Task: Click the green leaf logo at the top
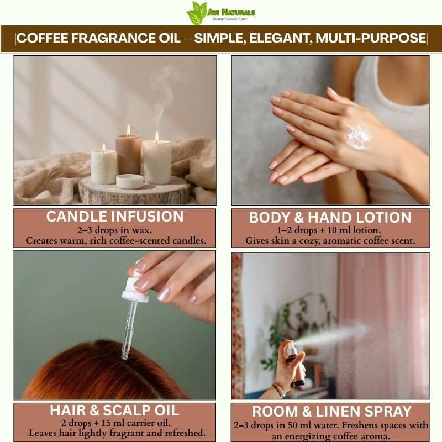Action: pyautogui.click(x=197, y=13)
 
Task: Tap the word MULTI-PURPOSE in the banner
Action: pyautogui.click(x=371, y=38)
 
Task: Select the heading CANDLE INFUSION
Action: pyautogui.click(x=115, y=217)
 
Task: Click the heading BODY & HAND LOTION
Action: pyautogui.click(x=330, y=217)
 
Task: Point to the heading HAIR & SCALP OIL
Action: pyautogui.click(x=114, y=410)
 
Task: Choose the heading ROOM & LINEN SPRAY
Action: pyautogui.click(x=332, y=411)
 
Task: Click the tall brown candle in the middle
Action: pyautogui.click(x=129, y=154)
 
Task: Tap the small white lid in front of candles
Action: pyautogui.click(x=130, y=181)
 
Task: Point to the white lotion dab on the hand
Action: pyautogui.click(x=357, y=137)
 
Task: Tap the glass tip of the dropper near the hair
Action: pyautogui.click(x=124, y=355)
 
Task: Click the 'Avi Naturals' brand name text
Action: pyautogui.click(x=231, y=12)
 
